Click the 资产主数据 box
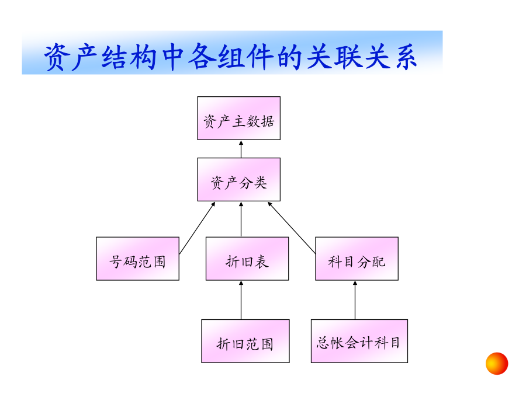pos(239,118)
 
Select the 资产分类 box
pos(239,180)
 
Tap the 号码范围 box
pos(137,259)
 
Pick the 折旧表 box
pos(247,259)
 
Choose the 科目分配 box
pos(357,259)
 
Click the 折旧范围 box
pos(245,341)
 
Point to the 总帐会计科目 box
pos(359,341)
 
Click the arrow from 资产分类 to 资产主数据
pos(241,149)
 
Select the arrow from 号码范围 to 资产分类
pos(198,228)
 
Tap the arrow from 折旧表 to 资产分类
pos(241,219)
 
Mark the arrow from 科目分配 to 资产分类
pos(292,228)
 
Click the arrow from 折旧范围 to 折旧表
pos(241,300)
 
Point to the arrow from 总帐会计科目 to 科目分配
pos(355,300)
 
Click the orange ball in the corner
pos(497,364)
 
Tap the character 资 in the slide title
pos(57,57)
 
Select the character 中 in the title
pos(174,57)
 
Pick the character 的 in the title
pos(290,57)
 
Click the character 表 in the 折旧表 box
pos(262,261)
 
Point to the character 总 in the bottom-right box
pos(323,343)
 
